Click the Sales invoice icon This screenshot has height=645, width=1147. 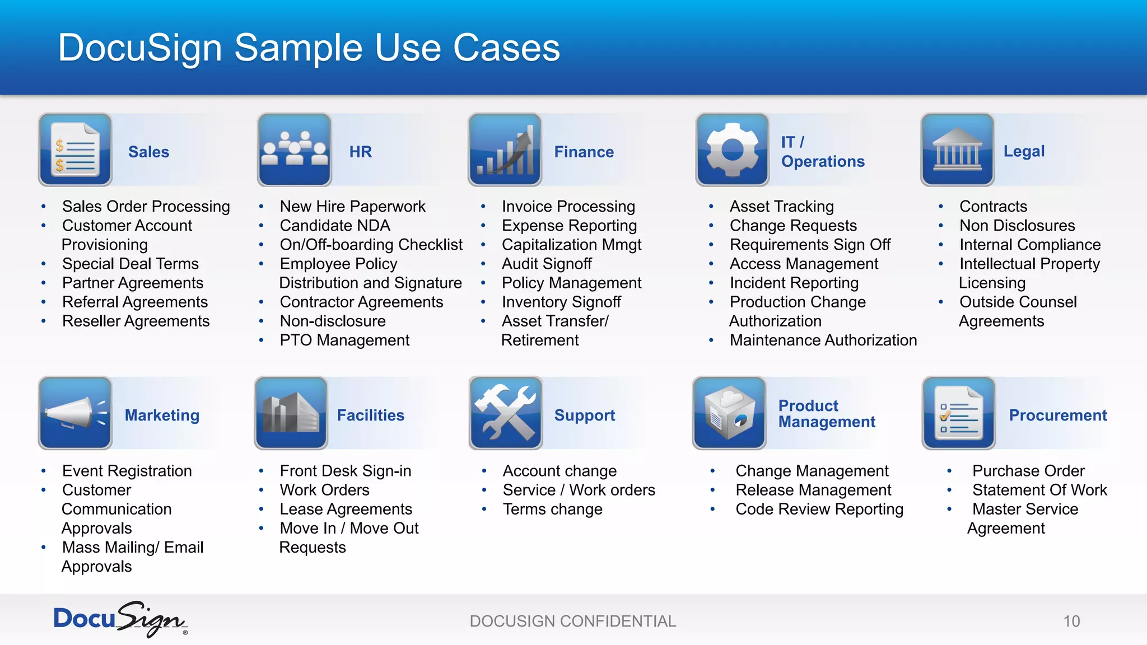pyautogui.click(x=75, y=149)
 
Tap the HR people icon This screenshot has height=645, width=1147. pyautogui.click(x=294, y=149)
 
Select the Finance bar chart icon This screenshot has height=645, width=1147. pyautogui.click(x=505, y=149)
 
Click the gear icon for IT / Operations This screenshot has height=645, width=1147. pyautogui.click(x=732, y=149)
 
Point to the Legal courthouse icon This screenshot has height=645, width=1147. pyautogui.click(x=957, y=149)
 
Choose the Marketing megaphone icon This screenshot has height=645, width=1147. pyautogui.click(x=75, y=413)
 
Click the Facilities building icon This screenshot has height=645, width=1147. pyautogui.click(x=291, y=413)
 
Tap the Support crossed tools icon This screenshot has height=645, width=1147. pyautogui.click(x=506, y=413)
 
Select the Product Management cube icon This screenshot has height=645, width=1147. pyautogui.click(x=729, y=413)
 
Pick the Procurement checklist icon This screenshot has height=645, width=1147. pyautogui.click(x=959, y=413)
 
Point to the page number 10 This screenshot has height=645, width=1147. pyautogui.click(x=1071, y=621)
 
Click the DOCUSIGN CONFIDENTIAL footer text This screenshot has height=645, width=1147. pyautogui.click(x=573, y=621)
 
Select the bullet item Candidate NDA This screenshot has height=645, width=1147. pyautogui.click(x=335, y=226)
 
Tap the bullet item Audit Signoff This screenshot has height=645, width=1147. pyautogui.click(x=547, y=264)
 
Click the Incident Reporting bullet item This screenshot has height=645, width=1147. pyautogui.click(x=794, y=283)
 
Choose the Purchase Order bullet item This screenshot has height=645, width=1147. pyautogui.click(x=1028, y=471)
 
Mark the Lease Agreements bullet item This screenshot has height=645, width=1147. pyautogui.click(x=346, y=509)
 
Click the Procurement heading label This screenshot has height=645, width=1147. pyautogui.click(x=1058, y=415)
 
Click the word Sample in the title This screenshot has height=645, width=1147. pyautogui.click(x=298, y=48)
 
